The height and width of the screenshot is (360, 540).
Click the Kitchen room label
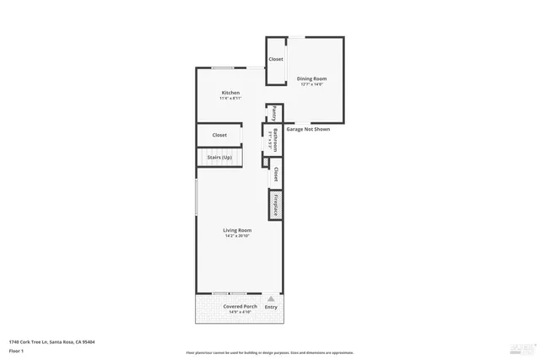[x=230, y=93]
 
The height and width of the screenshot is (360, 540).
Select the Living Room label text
[x=237, y=230]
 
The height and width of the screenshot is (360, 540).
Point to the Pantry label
[x=274, y=113]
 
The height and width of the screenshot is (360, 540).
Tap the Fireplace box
[x=275, y=204]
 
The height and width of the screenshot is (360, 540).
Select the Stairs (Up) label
[x=219, y=158]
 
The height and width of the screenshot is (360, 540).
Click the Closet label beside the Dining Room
[x=276, y=59]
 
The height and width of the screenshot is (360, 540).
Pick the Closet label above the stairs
[x=219, y=135]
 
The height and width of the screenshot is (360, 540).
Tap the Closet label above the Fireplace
[x=275, y=174]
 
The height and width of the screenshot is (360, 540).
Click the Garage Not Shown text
[x=308, y=129]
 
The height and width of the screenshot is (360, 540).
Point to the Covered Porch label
[x=240, y=306]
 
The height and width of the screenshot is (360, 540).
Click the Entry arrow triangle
[x=271, y=298]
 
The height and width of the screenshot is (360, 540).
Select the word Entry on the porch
[x=271, y=307]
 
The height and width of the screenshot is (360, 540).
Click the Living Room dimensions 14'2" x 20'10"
[x=237, y=236]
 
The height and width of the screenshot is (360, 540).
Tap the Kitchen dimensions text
[x=230, y=99]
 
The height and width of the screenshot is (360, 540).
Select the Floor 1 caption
[x=18, y=351]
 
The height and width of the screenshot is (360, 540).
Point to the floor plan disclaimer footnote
[x=269, y=352]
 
